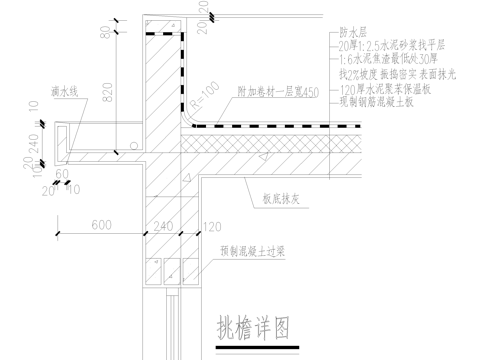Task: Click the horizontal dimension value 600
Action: click(x=100, y=225)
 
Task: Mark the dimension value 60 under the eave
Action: click(x=62, y=172)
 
